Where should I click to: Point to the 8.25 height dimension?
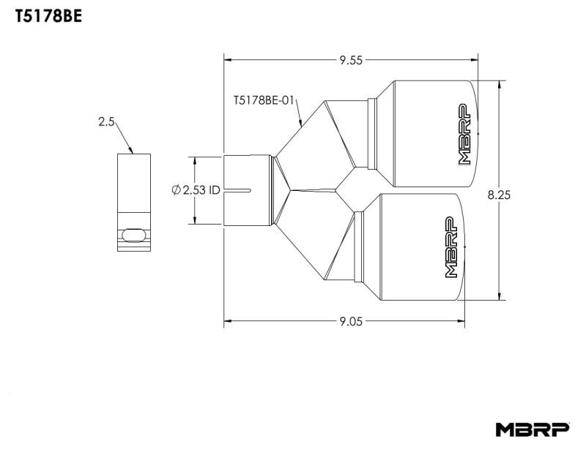point(498,195)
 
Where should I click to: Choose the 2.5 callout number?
point(106,122)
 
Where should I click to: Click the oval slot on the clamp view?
point(133,233)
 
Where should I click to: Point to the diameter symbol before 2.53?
point(176,190)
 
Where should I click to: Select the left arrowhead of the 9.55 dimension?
point(228,61)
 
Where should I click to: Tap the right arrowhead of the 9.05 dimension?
point(461,320)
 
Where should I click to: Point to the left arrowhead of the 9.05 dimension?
point(228,320)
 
